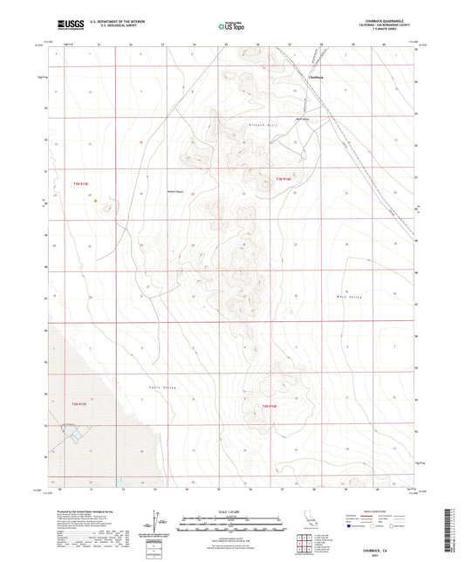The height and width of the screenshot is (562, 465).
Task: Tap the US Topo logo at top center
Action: [x=232, y=27]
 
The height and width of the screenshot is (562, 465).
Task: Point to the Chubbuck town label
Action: [x=316, y=77]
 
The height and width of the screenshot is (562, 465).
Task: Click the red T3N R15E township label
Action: [x=81, y=183]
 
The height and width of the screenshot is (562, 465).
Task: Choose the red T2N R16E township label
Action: [x=270, y=406]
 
